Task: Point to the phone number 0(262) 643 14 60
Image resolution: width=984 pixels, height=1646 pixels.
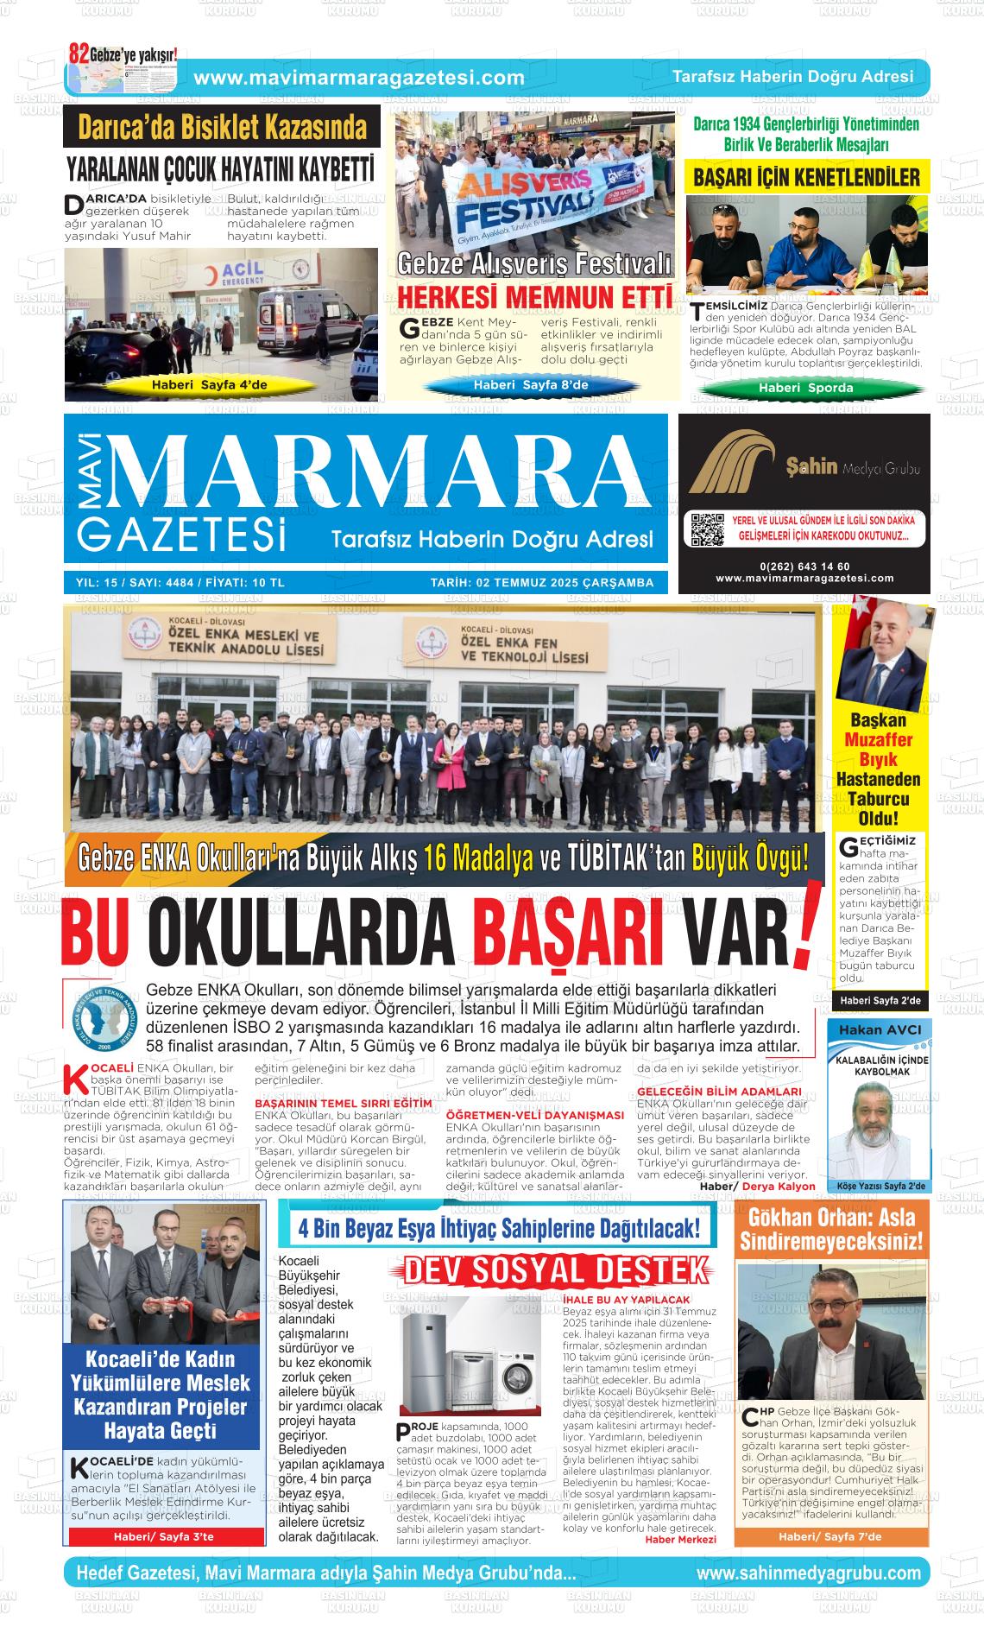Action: click(x=804, y=567)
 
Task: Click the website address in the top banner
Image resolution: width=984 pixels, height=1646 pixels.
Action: click(x=359, y=78)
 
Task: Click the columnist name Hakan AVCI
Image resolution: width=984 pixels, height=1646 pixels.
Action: click(x=880, y=1030)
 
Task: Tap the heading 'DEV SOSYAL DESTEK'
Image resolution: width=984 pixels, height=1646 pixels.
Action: click(x=557, y=1271)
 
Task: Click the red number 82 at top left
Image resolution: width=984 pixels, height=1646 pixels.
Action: click(x=79, y=52)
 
